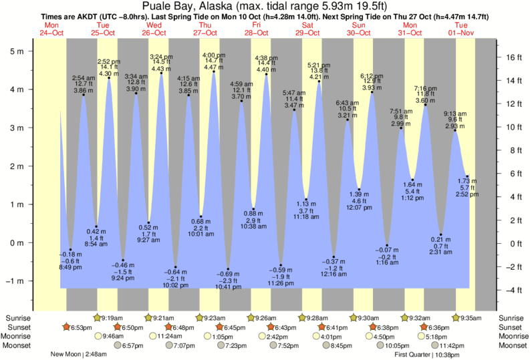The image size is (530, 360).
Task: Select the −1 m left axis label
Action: coord(15,281)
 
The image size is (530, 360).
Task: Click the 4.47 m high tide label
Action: coord(213,67)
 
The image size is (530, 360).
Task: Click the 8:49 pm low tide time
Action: coord(71,267)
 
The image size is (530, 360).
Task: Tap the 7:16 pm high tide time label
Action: coord(425,88)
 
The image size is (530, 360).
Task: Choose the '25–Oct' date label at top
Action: coord(104,32)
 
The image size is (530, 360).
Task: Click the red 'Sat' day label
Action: coord(308,25)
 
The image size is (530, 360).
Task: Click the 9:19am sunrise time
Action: coord(116,318)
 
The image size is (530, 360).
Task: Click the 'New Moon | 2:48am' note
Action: coord(79,355)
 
